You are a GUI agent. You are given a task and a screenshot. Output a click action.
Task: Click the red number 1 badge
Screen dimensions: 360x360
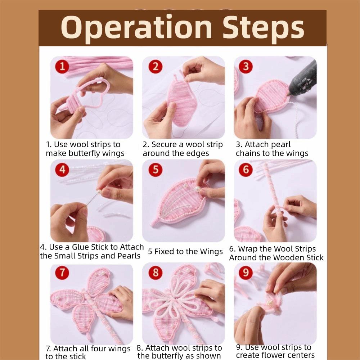62,67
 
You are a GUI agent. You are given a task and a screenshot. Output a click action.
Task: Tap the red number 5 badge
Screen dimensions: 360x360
156,170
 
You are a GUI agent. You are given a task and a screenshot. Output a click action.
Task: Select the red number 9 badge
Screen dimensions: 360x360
246,272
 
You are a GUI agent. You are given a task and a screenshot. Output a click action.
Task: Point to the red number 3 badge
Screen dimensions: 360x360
246,67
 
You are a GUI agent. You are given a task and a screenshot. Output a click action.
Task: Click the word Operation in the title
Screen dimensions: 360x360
136,27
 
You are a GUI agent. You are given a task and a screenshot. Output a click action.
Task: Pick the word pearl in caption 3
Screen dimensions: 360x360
279,145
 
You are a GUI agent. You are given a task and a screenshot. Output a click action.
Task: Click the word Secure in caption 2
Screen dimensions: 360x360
164,145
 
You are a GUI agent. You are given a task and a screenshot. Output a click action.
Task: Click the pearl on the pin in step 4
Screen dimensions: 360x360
99,191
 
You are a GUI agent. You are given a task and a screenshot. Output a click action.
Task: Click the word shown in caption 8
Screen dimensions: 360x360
208,356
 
